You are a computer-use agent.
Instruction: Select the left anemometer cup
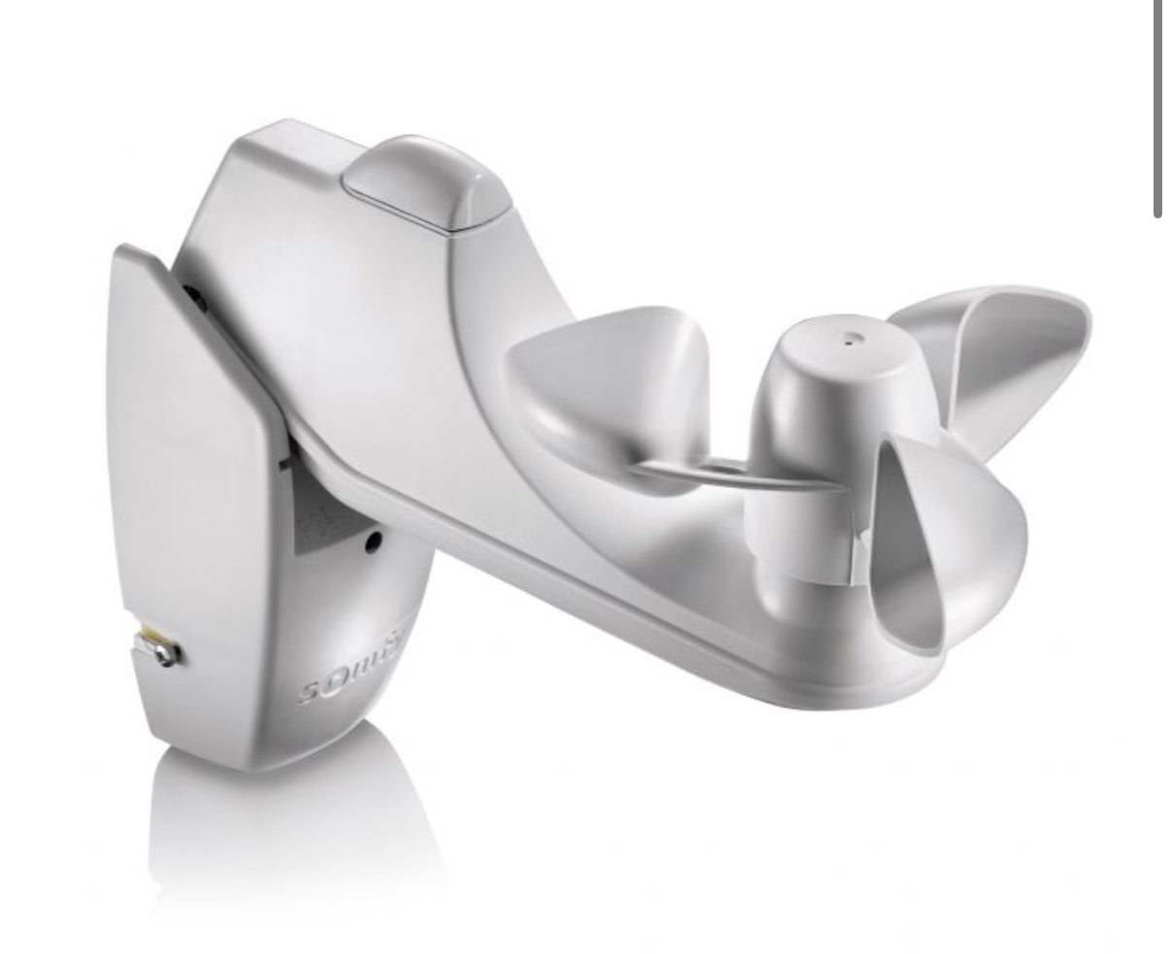pos(612,388)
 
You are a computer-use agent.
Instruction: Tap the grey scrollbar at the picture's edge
pos(1157,107)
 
